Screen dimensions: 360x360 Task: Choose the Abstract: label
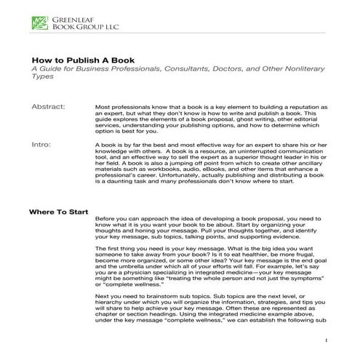click(x=49, y=107)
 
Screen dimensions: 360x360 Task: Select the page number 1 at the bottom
click(x=327, y=340)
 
